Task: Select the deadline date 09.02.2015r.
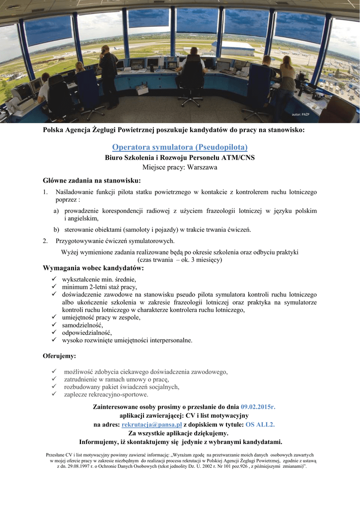258,407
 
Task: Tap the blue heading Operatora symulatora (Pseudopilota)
180,147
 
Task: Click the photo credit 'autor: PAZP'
300,115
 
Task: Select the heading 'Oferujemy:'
60,356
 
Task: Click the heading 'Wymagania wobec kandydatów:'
93,268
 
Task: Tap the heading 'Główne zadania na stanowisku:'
92,180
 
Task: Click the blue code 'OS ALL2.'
260,425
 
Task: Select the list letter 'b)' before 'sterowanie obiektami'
57,229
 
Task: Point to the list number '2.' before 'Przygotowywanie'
46,241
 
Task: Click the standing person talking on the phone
108,74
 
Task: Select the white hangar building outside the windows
233,48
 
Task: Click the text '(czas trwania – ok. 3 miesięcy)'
179,259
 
